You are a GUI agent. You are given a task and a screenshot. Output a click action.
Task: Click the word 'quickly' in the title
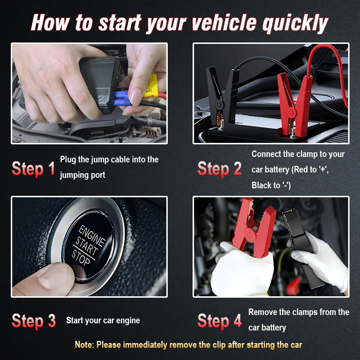[295, 23]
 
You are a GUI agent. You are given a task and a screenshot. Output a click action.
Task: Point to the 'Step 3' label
[34, 321]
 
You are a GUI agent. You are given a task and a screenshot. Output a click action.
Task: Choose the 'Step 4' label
[220, 321]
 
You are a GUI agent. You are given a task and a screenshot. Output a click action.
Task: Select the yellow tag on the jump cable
[150, 86]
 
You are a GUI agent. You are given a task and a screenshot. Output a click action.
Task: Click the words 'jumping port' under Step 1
[82, 175]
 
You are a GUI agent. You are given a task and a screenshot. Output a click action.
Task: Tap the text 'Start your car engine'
[103, 320]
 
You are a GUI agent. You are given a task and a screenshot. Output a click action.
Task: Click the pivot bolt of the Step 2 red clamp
[291, 112]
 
